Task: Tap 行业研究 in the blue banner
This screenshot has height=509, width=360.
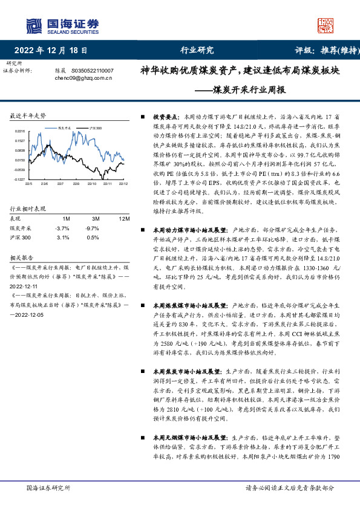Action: click(198, 50)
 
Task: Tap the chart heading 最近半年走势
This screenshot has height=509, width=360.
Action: click(28, 115)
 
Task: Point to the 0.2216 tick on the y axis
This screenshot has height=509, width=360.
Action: click(20, 131)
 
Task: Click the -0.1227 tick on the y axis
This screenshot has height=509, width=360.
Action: click(19, 180)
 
